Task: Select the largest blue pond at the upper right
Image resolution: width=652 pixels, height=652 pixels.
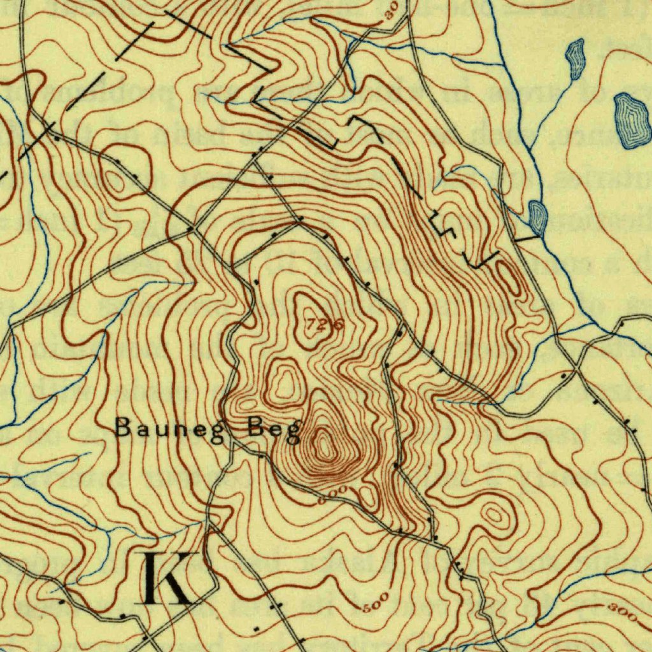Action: tap(630, 120)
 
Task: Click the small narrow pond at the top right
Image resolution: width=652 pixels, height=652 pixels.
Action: tap(576, 59)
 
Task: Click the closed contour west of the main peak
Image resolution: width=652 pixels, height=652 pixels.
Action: tap(284, 382)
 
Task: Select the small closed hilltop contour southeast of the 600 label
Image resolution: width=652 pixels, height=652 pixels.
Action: tap(495, 516)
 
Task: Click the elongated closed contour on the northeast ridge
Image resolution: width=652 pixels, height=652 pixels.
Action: tap(511, 278)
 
